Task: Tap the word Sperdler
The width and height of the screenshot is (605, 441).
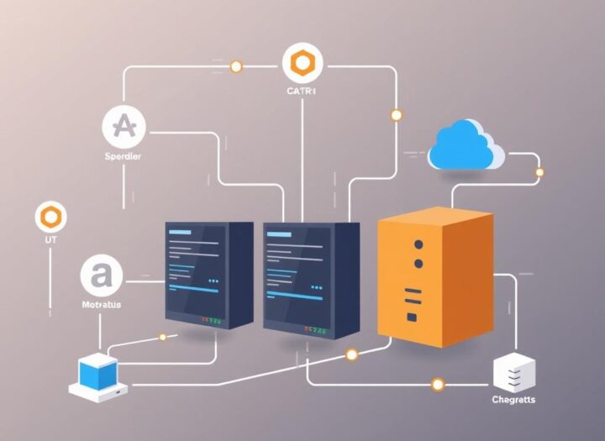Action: tap(123, 156)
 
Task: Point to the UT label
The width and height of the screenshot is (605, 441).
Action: tap(50, 240)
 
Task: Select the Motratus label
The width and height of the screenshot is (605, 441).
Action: tap(100, 305)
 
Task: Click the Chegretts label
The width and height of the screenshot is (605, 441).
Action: tap(512, 399)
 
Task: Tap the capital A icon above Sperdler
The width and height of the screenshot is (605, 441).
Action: tap(124, 127)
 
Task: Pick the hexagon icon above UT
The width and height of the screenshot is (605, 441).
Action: tap(50, 217)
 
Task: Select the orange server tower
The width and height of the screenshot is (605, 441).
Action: tap(434, 276)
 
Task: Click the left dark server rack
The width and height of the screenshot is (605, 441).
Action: tap(208, 273)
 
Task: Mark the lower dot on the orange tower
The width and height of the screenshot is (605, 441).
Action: tap(418, 263)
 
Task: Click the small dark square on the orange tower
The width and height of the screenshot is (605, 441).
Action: tap(413, 317)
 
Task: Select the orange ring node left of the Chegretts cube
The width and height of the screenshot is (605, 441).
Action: tap(437, 385)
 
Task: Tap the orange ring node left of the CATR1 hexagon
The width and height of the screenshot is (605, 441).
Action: tap(236, 66)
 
